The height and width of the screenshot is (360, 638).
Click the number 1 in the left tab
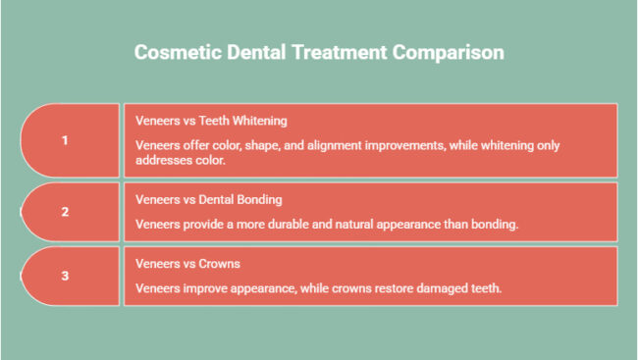pyautogui.click(x=65, y=140)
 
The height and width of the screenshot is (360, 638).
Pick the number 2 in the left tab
pyautogui.click(x=65, y=211)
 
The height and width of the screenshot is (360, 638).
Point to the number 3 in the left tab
pyautogui.click(x=65, y=276)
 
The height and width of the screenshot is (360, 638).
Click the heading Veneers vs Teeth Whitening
pyautogui.click(x=211, y=121)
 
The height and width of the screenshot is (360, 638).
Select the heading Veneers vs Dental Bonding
pyautogui.click(x=209, y=199)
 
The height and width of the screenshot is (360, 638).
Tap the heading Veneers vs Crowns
pyautogui.click(x=187, y=264)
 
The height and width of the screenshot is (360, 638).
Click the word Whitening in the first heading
pyautogui.click(x=257, y=121)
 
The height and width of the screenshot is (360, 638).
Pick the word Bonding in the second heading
pyautogui.click(x=258, y=199)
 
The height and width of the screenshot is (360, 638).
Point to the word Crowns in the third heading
pyautogui.click(x=219, y=264)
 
